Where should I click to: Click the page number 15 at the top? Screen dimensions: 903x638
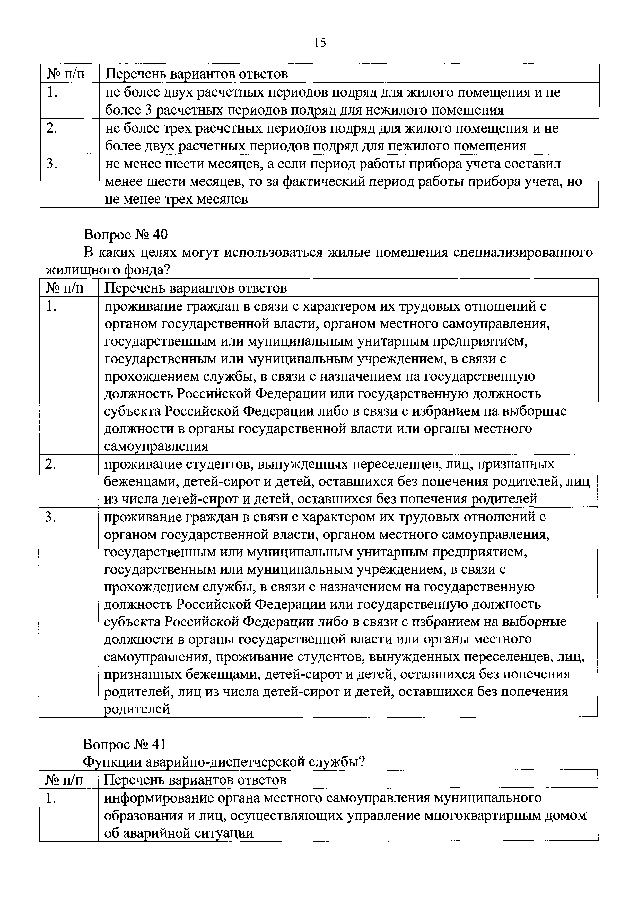[x=320, y=42]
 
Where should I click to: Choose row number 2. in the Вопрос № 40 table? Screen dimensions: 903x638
[x=51, y=465]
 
